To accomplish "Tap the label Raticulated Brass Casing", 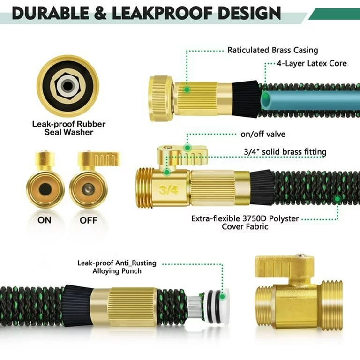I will coord(272,50).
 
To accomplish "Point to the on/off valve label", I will coord(262,134).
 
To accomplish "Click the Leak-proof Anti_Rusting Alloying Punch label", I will coord(117,267).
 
